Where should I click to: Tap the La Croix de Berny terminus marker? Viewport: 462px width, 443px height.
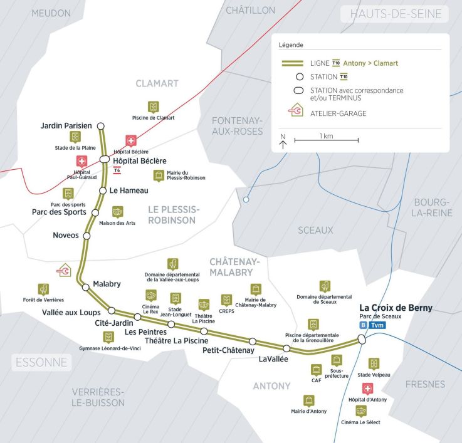click(x=362, y=339)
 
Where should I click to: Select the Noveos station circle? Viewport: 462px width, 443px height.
click(x=87, y=236)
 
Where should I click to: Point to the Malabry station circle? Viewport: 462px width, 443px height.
click(x=86, y=287)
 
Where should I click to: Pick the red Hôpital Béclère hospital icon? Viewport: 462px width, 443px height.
click(x=131, y=141)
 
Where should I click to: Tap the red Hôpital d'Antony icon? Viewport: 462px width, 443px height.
click(x=367, y=388)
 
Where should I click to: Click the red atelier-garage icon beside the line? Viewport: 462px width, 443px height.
click(x=64, y=270)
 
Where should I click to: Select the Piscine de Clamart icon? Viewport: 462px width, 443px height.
click(x=153, y=107)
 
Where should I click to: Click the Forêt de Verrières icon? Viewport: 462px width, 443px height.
click(x=43, y=289)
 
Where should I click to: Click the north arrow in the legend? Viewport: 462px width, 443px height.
click(x=283, y=142)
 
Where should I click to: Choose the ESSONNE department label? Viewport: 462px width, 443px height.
click(x=42, y=362)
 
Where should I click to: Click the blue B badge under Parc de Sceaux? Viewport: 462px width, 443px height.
click(x=363, y=325)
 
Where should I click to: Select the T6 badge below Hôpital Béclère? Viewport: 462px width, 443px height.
click(x=117, y=170)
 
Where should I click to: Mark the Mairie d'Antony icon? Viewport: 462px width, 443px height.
click(x=308, y=400)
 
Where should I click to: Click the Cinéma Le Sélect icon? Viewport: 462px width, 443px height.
click(x=360, y=411)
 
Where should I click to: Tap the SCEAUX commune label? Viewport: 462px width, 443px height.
click(x=315, y=230)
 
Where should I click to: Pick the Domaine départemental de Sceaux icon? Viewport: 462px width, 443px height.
click(x=324, y=286)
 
